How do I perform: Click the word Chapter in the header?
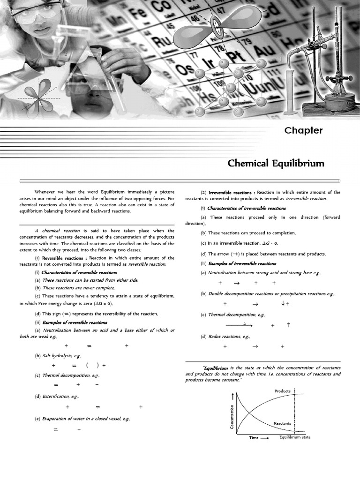pyautogui.click(x=303, y=130)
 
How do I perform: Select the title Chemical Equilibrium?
pyautogui.click(x=276, y=163)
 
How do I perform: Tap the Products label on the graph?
pyautogui.click(x=283, y=391)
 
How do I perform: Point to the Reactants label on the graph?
pyautogui.click(x=282, y=423)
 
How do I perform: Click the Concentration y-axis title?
pyautogui.click(x=232, y=416)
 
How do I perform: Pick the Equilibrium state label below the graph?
pyautogui.click(x=295, y=437)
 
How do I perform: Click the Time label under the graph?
pyautogui.click(x=254, y=437)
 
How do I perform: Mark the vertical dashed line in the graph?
pyautogui.click(x=294, y=412)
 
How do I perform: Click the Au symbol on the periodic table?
pyautogui.click(x=268, y=49)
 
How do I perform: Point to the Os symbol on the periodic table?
pyautogui.click(x=185, y=69)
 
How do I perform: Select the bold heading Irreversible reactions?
pyautogui.click(x=230, y=192)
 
